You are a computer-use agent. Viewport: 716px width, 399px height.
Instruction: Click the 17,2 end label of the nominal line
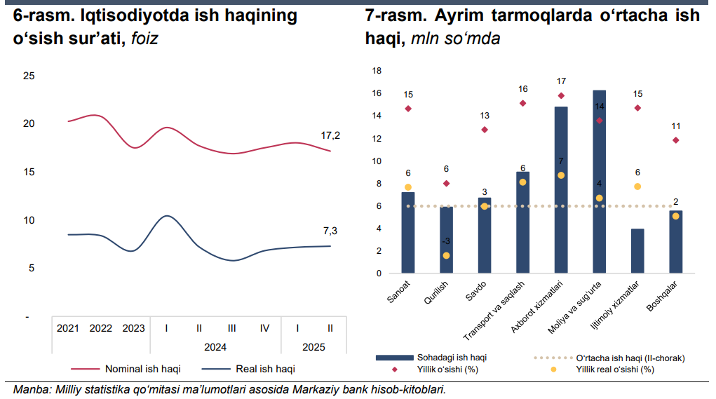coord(330,135)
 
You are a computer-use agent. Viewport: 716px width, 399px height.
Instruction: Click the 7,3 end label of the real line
coord(330,231)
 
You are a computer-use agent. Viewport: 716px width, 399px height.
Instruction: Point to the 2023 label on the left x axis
coord(133,327)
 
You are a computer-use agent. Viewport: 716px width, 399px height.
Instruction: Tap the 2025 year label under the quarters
coord(313,346)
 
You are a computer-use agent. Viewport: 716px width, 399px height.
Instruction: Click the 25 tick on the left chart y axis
coord(29,76)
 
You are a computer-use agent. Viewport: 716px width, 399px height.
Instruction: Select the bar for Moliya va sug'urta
coord(599,182)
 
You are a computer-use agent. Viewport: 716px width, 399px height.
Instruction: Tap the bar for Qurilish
coord(446,239)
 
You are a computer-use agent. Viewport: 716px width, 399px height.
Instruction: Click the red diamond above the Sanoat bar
coord(408,109)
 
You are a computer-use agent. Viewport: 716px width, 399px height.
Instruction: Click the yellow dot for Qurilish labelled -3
coord(447,255)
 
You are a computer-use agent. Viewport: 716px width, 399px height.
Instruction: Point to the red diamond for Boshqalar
coord(675,140)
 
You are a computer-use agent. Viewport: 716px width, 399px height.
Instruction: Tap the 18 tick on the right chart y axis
coord(377,71)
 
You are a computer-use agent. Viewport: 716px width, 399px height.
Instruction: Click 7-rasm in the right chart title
coord(393,15)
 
